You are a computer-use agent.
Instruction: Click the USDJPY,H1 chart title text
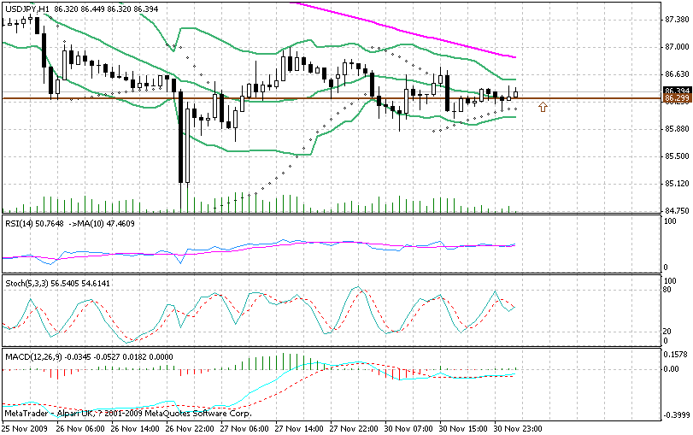click(x=26, y=8)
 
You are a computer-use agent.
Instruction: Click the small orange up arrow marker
click(x=543, y=107)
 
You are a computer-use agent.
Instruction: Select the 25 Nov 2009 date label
click(x=23, y=426)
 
